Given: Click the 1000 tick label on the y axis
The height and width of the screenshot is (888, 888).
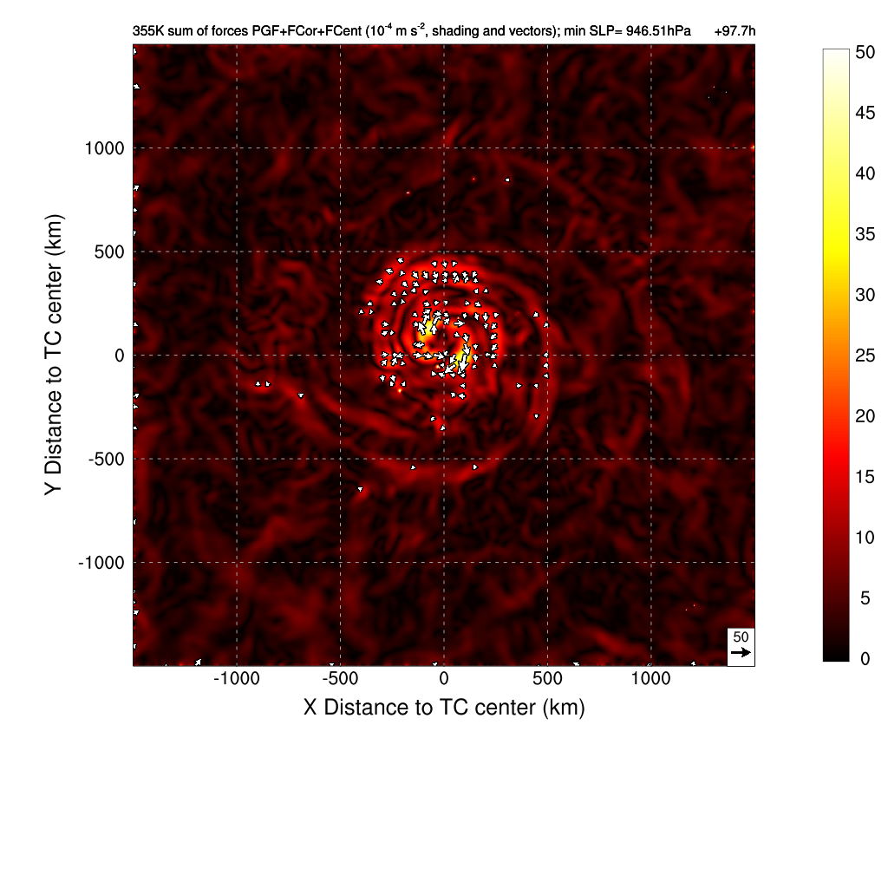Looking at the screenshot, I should point(104,148).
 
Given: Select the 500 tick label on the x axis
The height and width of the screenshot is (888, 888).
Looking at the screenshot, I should point(547,679).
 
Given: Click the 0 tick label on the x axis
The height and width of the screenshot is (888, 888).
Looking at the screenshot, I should point(444,679).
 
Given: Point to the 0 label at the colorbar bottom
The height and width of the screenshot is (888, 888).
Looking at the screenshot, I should point(861,658).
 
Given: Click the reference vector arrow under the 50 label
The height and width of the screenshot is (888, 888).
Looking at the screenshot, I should point(741,652).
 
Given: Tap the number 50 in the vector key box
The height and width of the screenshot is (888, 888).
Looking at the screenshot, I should point(741,637).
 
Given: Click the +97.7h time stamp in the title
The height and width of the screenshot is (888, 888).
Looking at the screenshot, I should point(735,31).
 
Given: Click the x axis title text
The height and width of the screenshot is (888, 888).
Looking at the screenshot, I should point(444,707).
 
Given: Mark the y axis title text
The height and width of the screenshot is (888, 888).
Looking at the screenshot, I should point(54,356).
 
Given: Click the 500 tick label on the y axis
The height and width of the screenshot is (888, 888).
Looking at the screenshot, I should point(108,252).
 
